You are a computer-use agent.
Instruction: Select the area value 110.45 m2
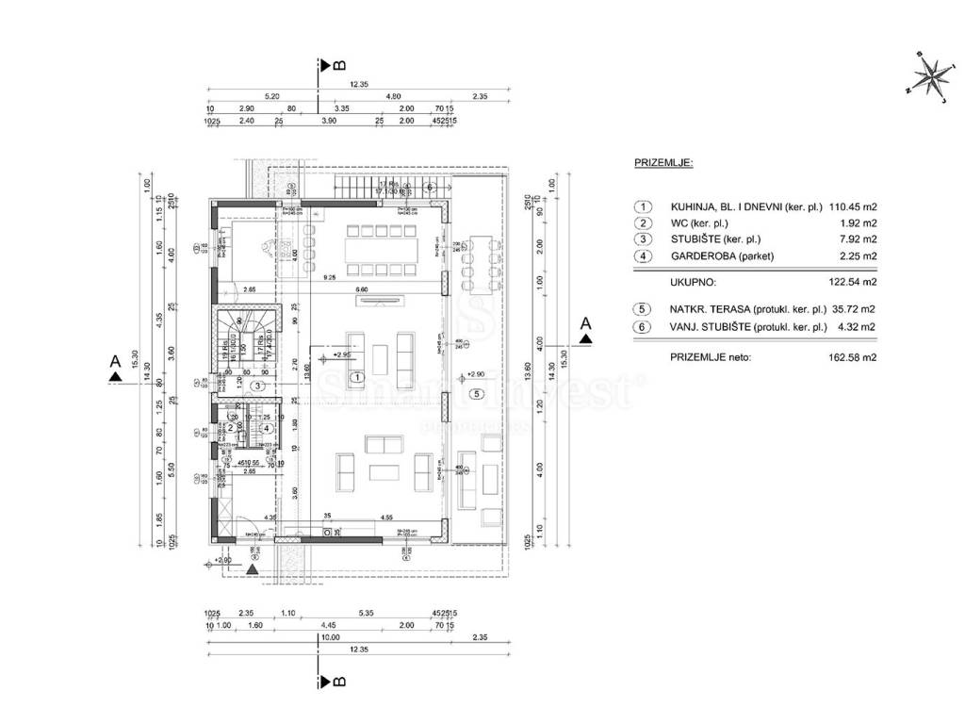point(853,207)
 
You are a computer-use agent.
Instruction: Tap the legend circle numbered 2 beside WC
point(643,223)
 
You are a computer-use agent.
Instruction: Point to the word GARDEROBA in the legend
point(703,255)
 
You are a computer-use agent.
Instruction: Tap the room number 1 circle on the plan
point(356,377)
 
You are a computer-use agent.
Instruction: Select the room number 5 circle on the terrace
point(477,393)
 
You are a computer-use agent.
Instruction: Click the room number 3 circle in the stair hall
point(255,386)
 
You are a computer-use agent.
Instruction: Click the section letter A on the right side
point(586,323)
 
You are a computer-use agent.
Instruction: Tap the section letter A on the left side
point(114,360)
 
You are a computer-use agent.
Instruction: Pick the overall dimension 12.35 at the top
point(358,84)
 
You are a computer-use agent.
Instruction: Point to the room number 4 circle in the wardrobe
point(267,429)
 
